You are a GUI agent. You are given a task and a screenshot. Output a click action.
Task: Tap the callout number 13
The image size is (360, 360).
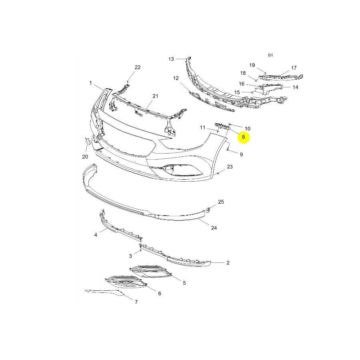pos(171,59)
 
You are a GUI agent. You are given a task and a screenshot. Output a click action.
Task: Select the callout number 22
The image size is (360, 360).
pos(138,68)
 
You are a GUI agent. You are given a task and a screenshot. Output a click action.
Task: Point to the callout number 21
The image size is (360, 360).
pos(155,96)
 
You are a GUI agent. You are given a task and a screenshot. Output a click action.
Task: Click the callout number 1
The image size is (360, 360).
pos(91,83)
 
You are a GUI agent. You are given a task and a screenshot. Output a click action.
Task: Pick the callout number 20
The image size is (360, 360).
pos(85,156)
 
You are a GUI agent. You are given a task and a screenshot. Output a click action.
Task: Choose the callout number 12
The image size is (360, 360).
pos(176,78)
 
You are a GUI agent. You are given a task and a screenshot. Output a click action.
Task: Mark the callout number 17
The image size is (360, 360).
pos(294,68)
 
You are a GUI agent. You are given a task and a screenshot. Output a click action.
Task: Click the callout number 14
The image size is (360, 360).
pos(295,87)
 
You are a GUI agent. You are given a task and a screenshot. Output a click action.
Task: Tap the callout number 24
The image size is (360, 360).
pos(214,228)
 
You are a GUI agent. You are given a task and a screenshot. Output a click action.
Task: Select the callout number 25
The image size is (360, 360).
pos(221,202)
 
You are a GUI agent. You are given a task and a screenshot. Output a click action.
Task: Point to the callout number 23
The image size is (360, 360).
pos(230,166)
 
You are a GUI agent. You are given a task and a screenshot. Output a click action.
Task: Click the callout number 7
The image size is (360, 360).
pos(136,302)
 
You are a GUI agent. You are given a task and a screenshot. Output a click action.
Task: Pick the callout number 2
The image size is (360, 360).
pos(228,263)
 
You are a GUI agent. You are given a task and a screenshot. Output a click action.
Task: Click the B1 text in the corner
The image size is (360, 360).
pos(270,55)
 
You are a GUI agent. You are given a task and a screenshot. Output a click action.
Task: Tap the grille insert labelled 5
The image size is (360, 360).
pos(152,272)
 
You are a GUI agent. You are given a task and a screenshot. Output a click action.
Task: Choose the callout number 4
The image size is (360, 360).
pos(96,235)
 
